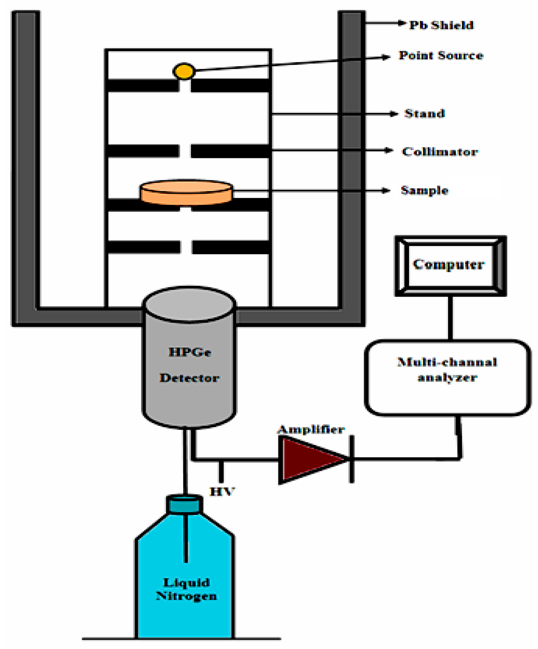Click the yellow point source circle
click(184, 71)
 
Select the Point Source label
click(441, 55)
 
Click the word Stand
click(424, 114)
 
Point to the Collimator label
click(440, 151)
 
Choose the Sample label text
click(424, 190)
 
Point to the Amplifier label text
click(311, 429)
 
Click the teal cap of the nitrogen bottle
click(184, 505)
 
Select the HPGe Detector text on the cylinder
click(190, 365)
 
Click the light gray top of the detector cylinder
click(189, 304)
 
